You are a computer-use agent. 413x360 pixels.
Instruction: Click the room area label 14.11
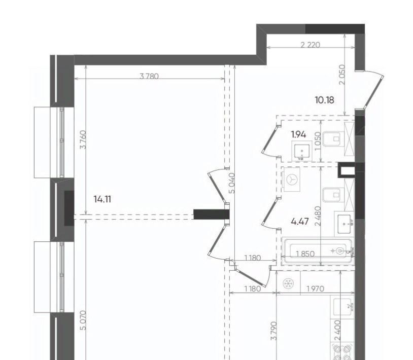tap(102, 199)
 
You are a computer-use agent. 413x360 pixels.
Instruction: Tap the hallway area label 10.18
tap(325, 100)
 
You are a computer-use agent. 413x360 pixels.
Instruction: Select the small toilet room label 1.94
tap(298, 134)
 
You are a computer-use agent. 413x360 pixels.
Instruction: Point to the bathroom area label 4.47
tap(300, 221)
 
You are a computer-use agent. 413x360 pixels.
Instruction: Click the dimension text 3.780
tap(149, 77)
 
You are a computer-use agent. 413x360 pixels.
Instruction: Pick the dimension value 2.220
tap(311, 45)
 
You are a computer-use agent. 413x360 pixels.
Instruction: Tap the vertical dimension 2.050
tap(342, 75)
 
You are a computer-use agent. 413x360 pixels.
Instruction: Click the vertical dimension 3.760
tap(83, 139)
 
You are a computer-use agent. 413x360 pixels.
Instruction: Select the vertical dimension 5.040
tap(232, 183)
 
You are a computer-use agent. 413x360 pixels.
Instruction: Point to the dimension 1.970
tap(315, 289)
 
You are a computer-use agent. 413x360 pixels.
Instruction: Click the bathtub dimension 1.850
tap(305, 254)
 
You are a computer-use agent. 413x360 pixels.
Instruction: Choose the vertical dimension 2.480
tap(318, 216)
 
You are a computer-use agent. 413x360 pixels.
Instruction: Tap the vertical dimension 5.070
tap(83, 320)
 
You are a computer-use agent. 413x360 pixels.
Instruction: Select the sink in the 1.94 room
tap(302, 151)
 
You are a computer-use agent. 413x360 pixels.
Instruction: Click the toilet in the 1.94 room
tap(333, 139)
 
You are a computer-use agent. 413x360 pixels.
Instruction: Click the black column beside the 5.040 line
tap(212, 214)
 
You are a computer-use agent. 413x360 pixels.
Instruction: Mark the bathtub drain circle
tap(340, 251)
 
